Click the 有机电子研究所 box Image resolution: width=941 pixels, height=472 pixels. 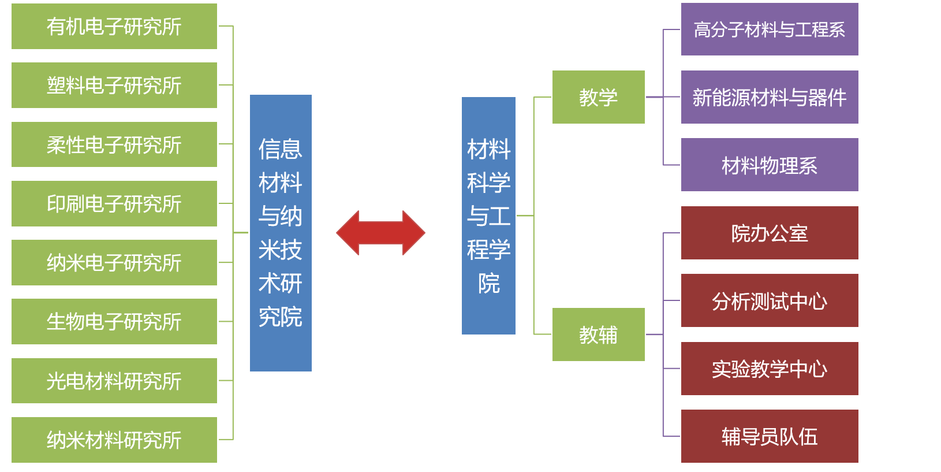coord(114,27)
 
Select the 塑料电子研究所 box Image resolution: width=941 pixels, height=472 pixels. coord(114,86)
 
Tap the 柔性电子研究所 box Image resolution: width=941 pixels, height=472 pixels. coord(114,144)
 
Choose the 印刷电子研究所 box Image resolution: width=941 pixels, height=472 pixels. coord(114,203)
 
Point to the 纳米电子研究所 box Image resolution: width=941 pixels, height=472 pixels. coord(114,263)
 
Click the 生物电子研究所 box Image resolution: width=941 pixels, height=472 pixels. coord(114,322)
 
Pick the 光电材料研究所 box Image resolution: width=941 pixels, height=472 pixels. coord(114,381)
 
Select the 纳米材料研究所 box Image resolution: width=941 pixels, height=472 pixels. coord(114,440)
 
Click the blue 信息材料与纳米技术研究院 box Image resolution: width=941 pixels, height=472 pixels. coord(281,233)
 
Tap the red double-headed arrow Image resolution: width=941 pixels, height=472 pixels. coord(380,233)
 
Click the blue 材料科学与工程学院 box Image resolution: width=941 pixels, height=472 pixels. coord(488,215)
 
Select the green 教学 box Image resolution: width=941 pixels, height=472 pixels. coord(598,97)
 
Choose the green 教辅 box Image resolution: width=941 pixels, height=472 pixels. coord(598,335)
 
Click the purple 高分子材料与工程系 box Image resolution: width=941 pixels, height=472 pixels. coord(770,29)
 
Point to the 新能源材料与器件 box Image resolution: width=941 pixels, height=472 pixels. coord(770,97)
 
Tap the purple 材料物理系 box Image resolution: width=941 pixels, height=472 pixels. coord(770,165)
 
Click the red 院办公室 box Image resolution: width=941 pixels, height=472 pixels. coord(770,233)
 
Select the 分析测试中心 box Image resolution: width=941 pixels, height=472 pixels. coord(770,300)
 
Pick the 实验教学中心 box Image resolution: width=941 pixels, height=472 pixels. coord(770,369)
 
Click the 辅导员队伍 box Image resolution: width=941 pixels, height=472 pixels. coord(770,436)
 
